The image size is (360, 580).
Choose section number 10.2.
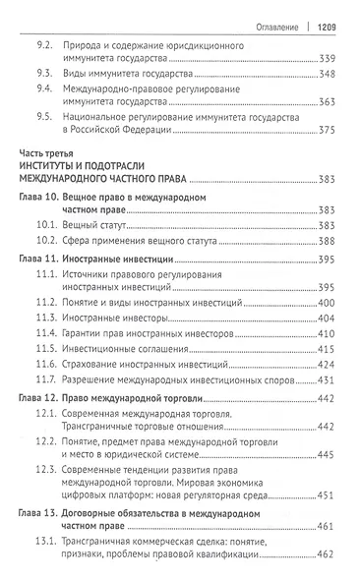[43, 240]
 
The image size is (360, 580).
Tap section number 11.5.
[43, 348]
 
